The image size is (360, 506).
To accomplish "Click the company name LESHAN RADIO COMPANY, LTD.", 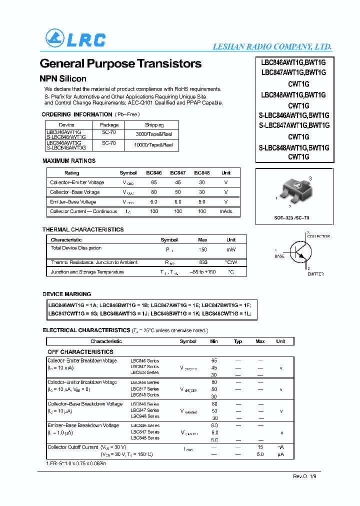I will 272,46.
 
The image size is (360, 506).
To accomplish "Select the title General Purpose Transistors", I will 120,64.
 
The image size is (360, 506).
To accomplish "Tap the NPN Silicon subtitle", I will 63,78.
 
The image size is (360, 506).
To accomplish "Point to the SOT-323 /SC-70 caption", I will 291,218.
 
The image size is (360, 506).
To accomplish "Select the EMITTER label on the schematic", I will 315,274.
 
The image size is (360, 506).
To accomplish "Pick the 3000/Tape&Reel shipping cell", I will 154,134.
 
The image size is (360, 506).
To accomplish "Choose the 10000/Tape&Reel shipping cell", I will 154,145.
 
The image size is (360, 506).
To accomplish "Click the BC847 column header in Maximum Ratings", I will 177,172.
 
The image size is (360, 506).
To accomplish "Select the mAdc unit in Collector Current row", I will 225,211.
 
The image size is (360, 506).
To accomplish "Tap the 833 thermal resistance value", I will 203,262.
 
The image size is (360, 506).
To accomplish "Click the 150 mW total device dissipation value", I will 203,249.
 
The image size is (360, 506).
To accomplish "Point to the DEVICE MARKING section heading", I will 66,294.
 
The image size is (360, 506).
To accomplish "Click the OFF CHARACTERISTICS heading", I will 80,352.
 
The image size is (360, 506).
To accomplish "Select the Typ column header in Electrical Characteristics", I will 238,341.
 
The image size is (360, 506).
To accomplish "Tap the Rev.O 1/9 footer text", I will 304,476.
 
